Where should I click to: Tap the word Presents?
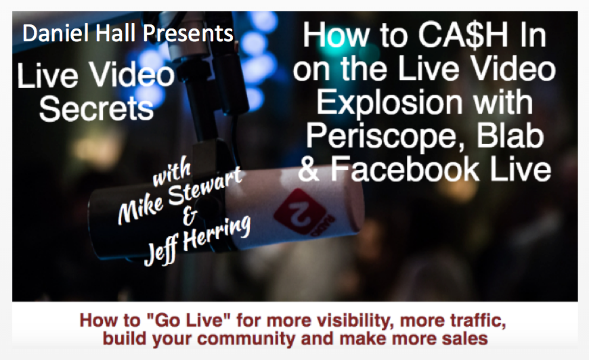(x=188, y=33)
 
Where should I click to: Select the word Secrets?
(x=97, y=109)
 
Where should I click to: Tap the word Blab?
(x=510, y=135)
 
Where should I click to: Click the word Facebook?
(x=405, y=169)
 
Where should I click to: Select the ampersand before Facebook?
(x=309, y=170)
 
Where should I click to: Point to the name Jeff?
(x=161, y=252)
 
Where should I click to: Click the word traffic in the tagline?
(x=473, y=321)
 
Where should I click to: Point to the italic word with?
(x=171, y=173)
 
